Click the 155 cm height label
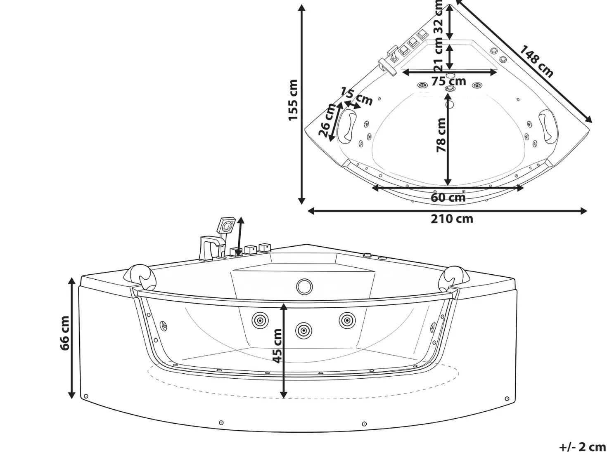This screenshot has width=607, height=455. pos(293,100)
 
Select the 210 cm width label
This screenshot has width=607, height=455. pos(452,219)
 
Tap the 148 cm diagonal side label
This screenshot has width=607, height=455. pos(536,61)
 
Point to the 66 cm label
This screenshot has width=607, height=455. pos(65,333)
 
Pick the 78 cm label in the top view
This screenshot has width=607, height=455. pos(441,135)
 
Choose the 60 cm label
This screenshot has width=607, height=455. pos(448,198)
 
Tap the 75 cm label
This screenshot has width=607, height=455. pos(448,81)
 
